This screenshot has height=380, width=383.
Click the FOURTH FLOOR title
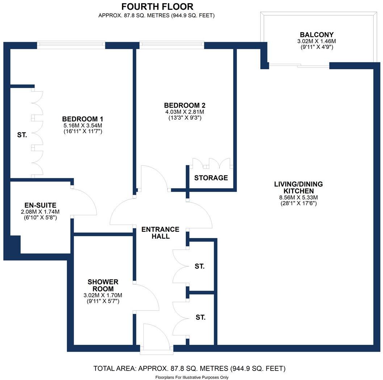coord(157,7)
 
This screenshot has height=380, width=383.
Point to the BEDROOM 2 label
coord(185,105)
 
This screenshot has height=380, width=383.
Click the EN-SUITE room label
coord(40,205)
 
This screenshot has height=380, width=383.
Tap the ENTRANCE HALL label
coord(160,233)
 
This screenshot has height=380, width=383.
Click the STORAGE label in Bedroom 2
coord(211,178)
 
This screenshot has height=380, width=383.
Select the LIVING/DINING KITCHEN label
coord(298,187)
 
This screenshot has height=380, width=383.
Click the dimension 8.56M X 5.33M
coord(298,197)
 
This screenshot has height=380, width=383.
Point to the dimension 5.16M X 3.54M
coord(83,125)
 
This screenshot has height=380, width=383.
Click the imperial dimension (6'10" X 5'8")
coord(40,218)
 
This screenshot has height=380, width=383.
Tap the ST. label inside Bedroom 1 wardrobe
coord(22,135)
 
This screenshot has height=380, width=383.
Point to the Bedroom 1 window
coord(71,45)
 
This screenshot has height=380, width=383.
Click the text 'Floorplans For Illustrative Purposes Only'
coord(191,377)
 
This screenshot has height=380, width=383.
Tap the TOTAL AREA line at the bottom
coord(190,369)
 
